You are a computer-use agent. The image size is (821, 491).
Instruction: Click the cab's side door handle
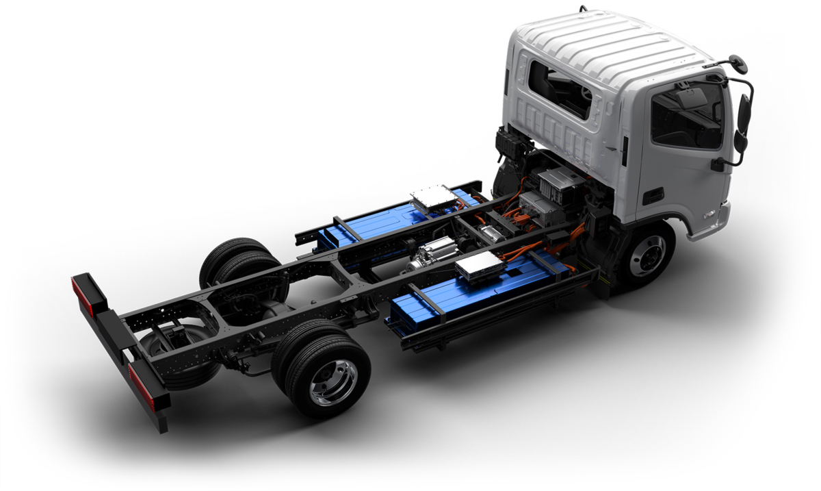[x=653, y=196]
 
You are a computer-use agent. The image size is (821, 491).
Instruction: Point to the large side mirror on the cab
[x=744, y=115]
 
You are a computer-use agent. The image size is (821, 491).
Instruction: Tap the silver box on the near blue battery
[x=480, y=264]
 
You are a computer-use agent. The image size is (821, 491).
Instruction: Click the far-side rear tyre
[x=233, y=260]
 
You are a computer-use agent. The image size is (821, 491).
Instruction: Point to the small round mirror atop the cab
[x=738, y=64]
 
